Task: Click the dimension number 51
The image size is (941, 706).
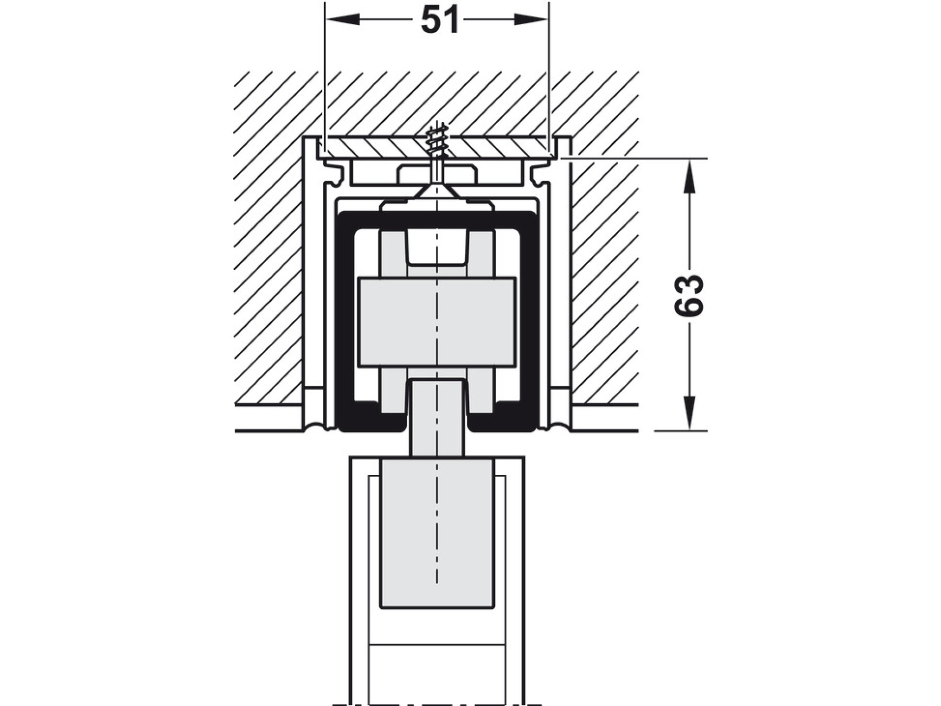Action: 440,20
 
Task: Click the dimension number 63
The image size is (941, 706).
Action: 690,295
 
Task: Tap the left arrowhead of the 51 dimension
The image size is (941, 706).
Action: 343,20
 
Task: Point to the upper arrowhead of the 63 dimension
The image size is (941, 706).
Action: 690,176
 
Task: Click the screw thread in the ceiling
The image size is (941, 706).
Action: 437,140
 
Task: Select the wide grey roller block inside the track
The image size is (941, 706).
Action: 437,322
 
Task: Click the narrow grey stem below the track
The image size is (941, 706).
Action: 437,418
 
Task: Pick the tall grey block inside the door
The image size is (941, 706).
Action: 437,533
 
